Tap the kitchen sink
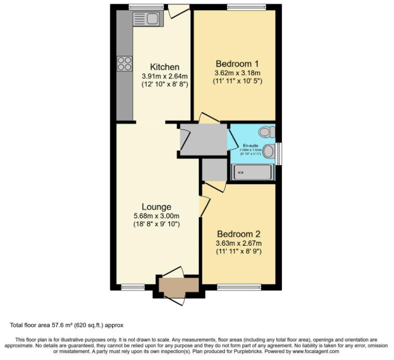click(x=145, y=18)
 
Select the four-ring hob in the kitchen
click(x=125, y=63)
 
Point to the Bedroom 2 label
click(x=238, y=234)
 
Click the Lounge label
click(x=157, y=207)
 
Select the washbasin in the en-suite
click(x=269, y=151)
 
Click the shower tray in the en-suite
click(x=252, y=172)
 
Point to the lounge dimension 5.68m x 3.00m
click(x=157, y=216)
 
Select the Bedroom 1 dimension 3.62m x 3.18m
click(x=237, y=72)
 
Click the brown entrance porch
click(x=178, y=286)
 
